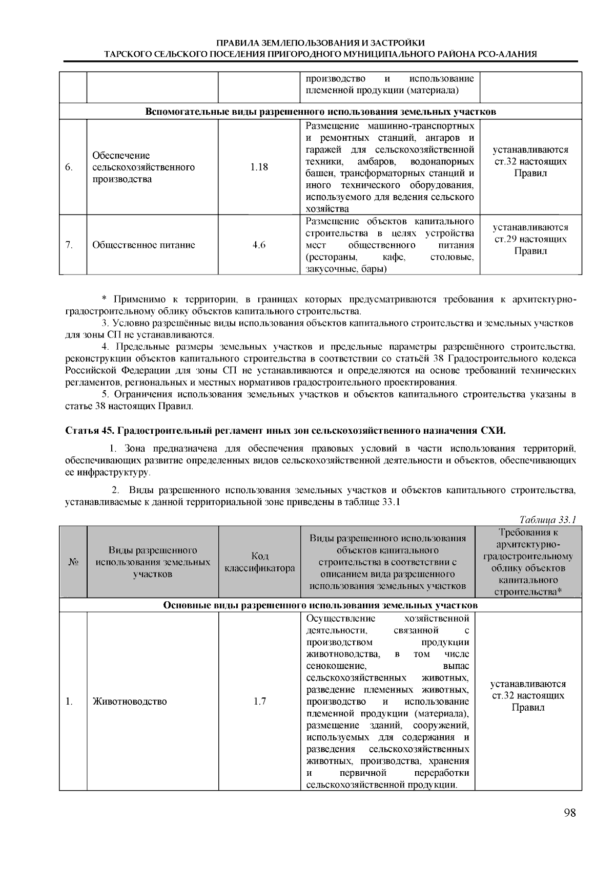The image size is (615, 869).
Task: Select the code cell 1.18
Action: [x=259, y=167]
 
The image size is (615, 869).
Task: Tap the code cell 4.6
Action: [x=259, y=245]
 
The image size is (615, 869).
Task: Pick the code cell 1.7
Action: [x=259, y=701]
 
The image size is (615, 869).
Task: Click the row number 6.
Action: [x=70, y=167]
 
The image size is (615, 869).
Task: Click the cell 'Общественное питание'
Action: [x=143, y=245]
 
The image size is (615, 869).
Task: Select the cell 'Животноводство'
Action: [x=130, y=701]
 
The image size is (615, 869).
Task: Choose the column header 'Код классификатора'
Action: [x=259, y=562]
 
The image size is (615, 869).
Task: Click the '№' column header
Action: [x=73, y=562]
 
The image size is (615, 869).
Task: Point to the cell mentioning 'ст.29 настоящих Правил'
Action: [x=530, y=239]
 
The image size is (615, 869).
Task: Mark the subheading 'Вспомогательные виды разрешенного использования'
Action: [x=320, y=111]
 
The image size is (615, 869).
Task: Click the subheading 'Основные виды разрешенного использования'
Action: [x=320, y=605]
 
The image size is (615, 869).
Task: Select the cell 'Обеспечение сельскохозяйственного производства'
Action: [x=143, y=167]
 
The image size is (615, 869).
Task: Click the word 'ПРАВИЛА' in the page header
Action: [x=234, y=43]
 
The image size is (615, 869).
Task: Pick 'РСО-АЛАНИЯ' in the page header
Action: [x=510, y=53]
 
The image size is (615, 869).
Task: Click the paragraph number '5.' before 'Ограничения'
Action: [x=106, y=394]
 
